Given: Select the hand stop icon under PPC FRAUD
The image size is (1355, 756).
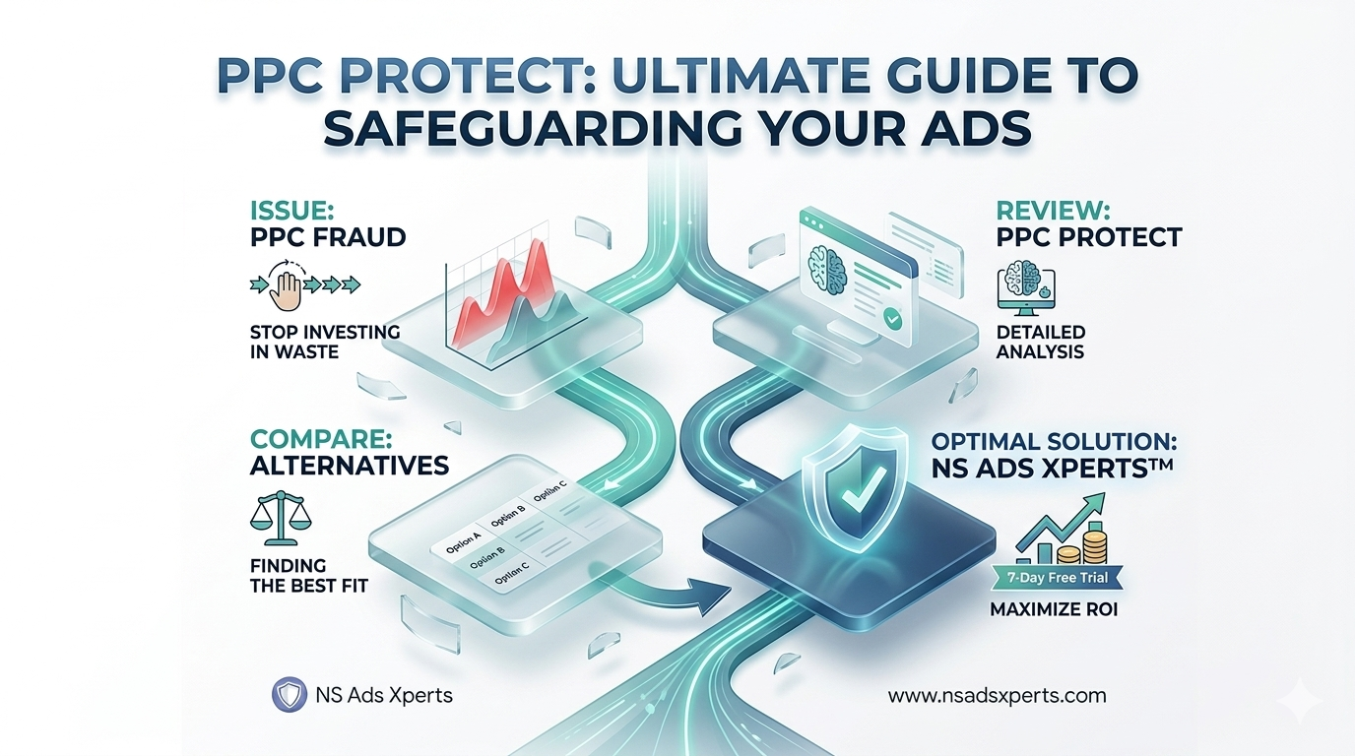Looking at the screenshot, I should tap(289, 284).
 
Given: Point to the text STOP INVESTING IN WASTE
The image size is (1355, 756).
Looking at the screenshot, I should tap(324, 341).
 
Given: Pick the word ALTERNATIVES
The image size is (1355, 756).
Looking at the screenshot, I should tap(350, 464).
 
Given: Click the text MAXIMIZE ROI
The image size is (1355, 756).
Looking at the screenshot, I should tap(1053, 610).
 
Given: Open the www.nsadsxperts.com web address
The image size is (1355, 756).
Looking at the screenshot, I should tap(997, 695).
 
